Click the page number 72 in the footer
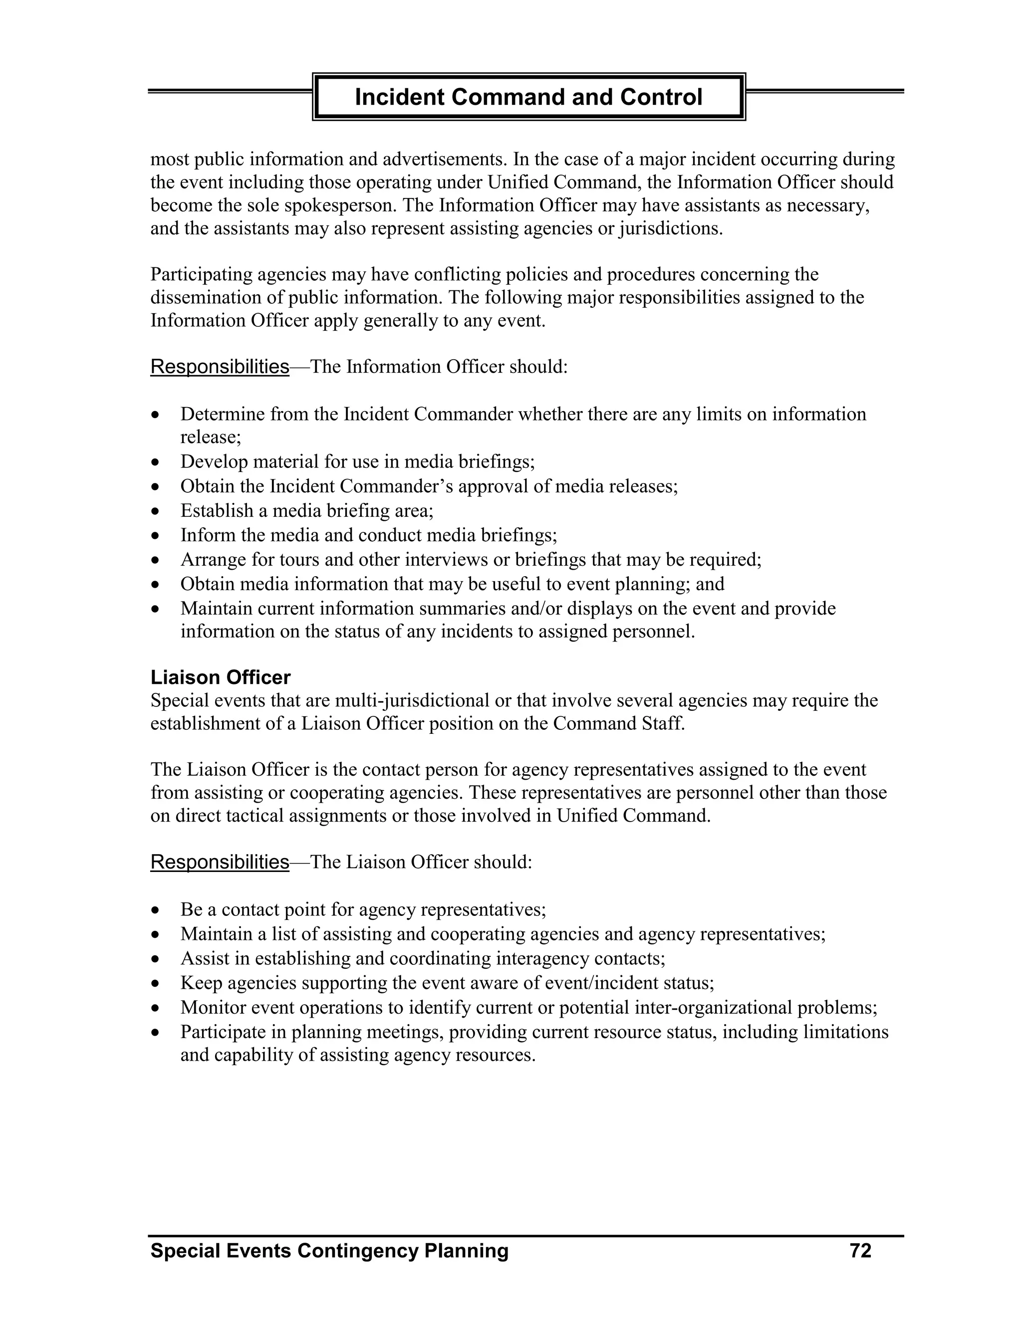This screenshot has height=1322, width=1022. [x=860, y=1251]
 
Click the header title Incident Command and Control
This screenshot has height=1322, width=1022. [x=528, y=97]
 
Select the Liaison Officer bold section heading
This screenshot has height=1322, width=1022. [x=221, y=677]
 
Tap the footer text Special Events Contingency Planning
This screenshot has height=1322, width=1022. [x=329, y=1251]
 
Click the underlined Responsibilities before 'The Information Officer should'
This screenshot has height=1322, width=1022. [x=220, y=367]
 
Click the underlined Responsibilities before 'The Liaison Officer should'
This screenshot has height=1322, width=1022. [x=220, y=862]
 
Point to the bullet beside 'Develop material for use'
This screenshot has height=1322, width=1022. [x=156, y=462]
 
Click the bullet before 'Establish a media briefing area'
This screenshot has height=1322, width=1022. [x=156, y=511]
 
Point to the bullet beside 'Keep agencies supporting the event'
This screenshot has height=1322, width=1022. [x=156, y=984]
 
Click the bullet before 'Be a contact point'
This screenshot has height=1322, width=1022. [x=156, y=910]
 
